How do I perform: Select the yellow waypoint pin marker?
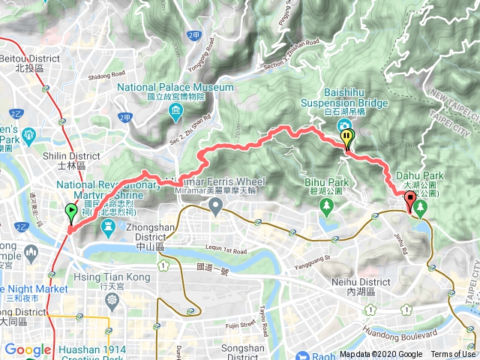(346, 139)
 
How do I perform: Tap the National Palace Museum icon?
(175, 112)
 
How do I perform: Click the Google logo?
(28, 349)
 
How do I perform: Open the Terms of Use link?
(453, 355)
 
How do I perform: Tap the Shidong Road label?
(106, 74)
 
